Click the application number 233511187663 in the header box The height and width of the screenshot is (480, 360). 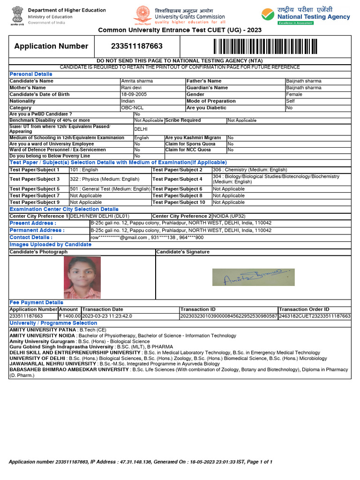(137, 46)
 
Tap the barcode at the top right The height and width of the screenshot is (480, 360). (266, 46)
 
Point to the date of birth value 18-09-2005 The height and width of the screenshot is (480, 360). (135, 94)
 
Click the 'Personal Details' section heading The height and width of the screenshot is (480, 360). (31, 74)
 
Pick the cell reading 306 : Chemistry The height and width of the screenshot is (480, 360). (249, 170)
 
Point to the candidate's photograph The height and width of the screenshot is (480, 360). (82, 277)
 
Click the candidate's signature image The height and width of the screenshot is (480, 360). (253, 277)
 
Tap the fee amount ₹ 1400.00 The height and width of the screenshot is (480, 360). (69, 316)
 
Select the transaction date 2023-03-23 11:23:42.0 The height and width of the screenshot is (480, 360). (107, 316)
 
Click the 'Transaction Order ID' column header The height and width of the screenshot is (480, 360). (304, 309)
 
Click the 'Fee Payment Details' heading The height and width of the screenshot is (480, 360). (36, 302)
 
